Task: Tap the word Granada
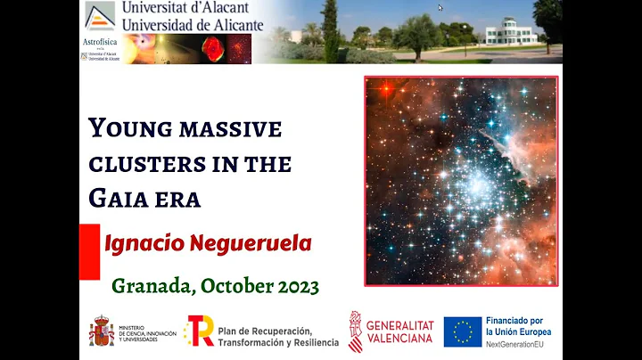click(x=152, y=286)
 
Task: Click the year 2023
click(x=291, y=286)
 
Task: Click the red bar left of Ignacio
click(x=89, y=251)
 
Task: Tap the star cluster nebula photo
click(x=460, y=181)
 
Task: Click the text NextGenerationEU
click(x=518, y=344)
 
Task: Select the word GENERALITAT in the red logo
click(x=400, y=324)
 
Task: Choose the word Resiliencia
click(x=313, y=342)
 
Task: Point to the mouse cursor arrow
click(x=440, y=8)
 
